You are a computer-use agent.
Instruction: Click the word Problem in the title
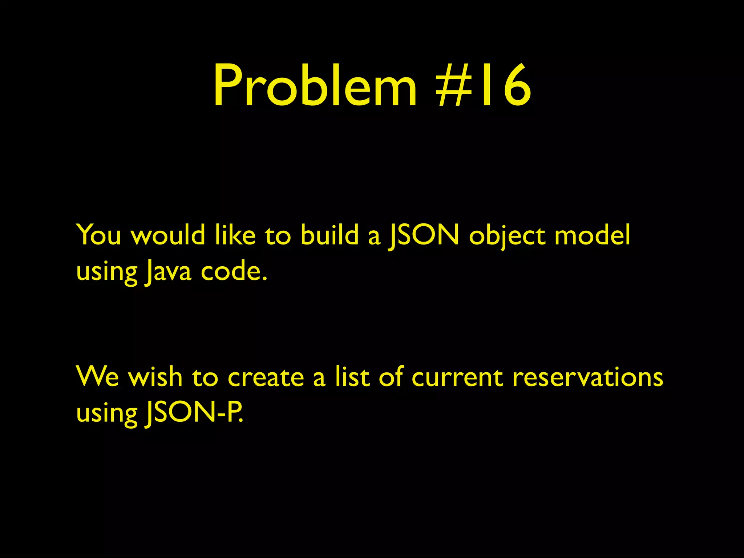tap(315, 86)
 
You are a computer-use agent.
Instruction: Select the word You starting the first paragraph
tap(98, 235)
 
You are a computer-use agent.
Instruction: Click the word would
tap(168, 235)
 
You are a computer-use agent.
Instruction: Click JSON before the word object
tap(424, 235)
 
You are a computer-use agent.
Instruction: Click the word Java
tap(167, 272)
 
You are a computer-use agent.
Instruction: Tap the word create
tap(266, 377)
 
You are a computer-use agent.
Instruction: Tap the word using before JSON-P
tap(107, 414)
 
